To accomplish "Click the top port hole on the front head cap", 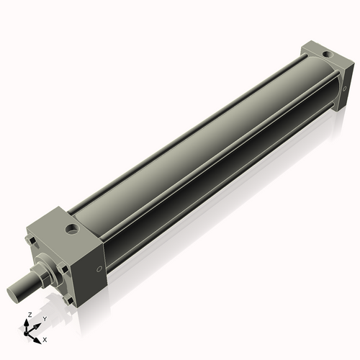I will coord(72,230).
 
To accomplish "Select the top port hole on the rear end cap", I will coord(328,54).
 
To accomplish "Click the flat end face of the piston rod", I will coord(13,294).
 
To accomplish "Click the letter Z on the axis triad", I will coord(29,315).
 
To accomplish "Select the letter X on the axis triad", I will coord(45,338).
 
